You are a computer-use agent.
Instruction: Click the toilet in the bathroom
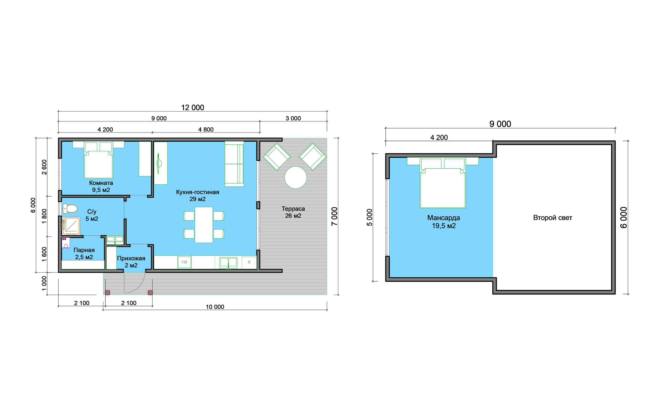[70, 209]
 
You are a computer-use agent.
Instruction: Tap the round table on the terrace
[295, 177]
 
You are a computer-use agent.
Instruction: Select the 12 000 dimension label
[193, 108]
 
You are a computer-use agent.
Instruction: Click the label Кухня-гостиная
[197, 192]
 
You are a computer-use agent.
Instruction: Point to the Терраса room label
[293, 209]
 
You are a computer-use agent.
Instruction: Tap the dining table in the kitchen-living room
[203, 225]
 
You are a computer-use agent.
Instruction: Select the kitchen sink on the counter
[228, 262]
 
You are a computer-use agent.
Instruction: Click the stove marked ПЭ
[184, 262]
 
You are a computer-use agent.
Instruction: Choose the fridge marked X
[249, 262]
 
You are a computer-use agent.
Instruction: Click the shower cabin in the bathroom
[71, 226]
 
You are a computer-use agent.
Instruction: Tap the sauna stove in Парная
[66, 243]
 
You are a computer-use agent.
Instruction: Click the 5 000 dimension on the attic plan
[369, 217]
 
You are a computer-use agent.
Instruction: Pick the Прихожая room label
[131, 258]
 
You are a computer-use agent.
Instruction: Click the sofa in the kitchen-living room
[234, 164]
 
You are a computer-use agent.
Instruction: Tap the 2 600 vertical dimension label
[44, 167]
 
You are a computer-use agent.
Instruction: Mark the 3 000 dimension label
[293, 118]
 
